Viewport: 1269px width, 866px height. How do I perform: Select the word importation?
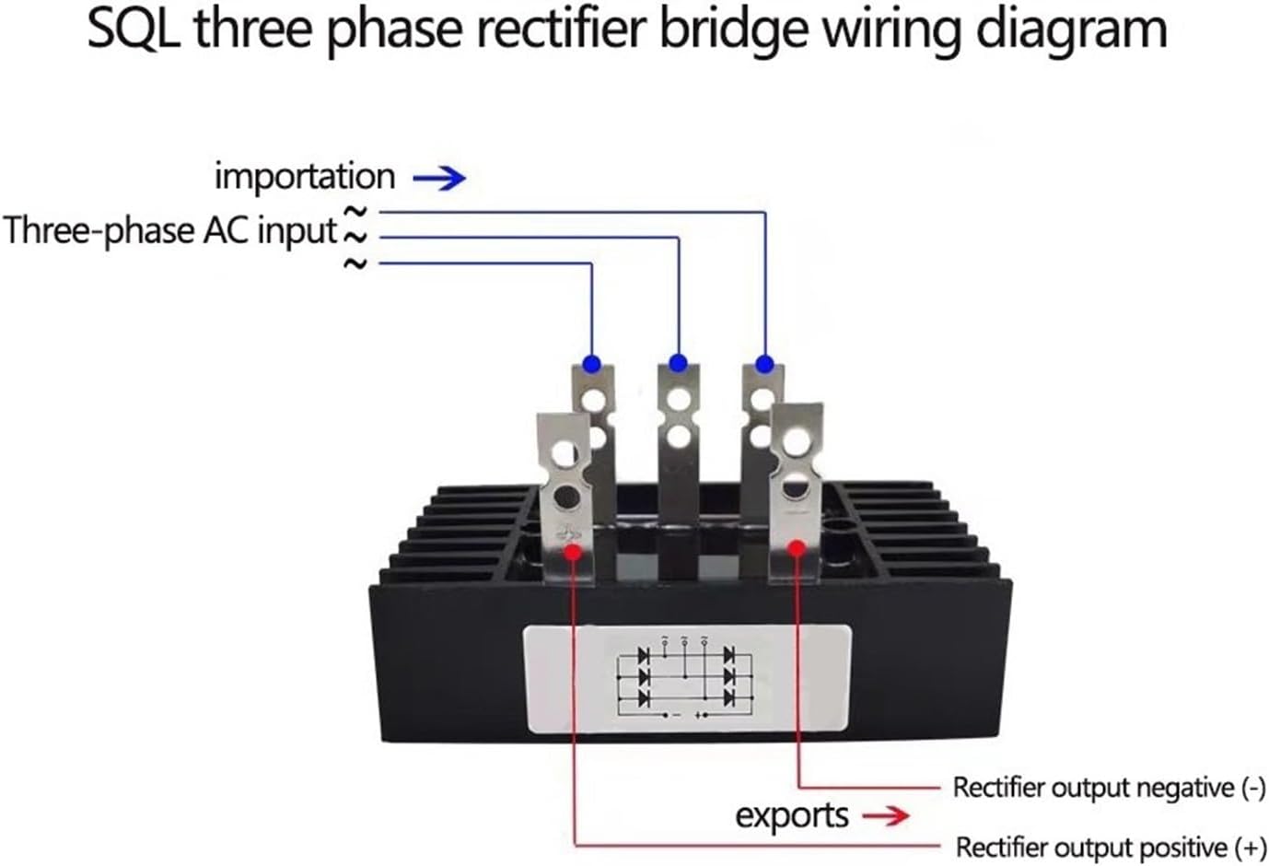304,176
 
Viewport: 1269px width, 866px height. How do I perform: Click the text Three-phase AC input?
170,230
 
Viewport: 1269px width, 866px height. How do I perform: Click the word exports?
791,815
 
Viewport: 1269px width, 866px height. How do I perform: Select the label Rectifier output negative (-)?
1108,788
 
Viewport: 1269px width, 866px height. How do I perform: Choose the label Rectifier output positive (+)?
1110,847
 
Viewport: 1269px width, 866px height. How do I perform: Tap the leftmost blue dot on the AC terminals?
591,364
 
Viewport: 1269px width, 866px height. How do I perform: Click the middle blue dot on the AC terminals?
678,362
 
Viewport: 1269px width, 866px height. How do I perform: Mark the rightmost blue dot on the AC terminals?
763,364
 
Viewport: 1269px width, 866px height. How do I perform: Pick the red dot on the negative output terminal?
797,547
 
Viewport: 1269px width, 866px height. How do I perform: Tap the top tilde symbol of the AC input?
355,212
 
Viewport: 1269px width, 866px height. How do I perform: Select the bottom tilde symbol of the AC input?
355,264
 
